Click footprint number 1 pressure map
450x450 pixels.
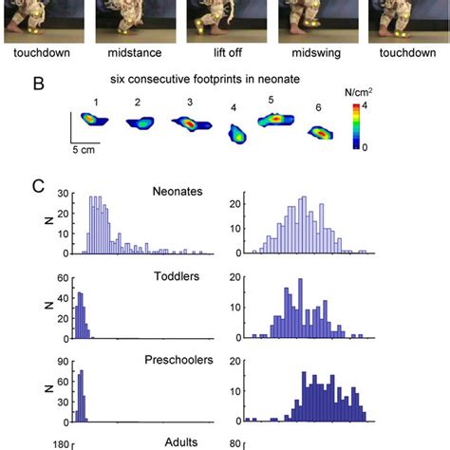click(95, 120)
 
